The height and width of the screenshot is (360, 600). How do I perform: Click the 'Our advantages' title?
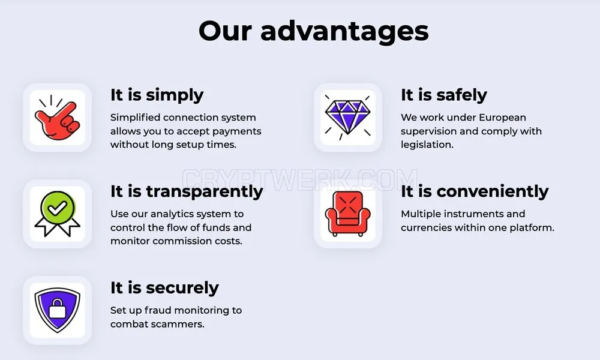(313, 31)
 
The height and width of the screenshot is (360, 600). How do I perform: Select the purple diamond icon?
(348, 117)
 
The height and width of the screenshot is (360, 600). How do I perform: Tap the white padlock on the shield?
(58, 308)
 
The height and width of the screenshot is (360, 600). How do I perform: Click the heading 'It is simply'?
(157, 95)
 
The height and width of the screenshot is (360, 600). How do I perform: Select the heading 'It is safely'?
(444, 95)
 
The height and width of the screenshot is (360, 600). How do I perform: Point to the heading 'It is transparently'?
(187, 191)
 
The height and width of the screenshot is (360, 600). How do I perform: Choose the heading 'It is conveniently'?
(475, 191)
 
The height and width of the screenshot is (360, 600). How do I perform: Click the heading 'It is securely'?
(164, 287)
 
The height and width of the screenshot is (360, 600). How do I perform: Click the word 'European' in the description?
(502, 118)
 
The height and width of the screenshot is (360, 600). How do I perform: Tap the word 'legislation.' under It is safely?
(427, 145)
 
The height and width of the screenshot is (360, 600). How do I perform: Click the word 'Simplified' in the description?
(134, 118)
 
